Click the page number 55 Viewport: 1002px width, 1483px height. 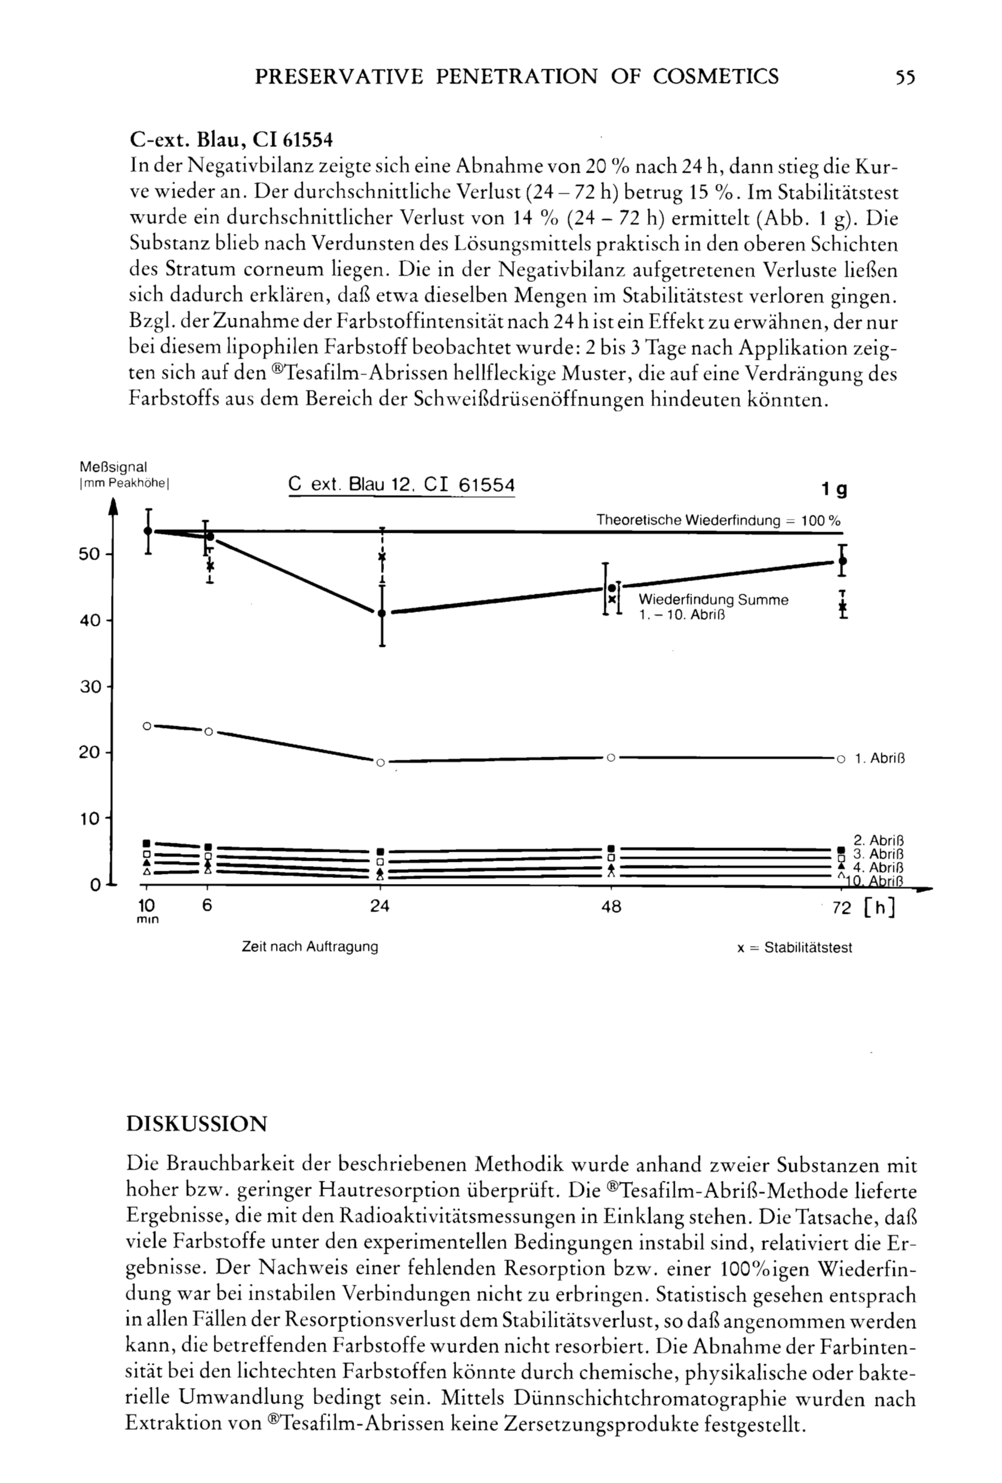point(905,77)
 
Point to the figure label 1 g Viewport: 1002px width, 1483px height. point(834,489)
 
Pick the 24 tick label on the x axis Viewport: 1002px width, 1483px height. point(380,907)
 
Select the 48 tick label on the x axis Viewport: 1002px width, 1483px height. point(611,907)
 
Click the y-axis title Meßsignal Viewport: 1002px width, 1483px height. point(113,467)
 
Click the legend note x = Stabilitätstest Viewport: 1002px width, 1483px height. point(794,948)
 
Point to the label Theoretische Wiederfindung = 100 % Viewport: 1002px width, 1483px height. point(718,521)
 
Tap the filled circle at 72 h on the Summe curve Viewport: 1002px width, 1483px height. point(843,561)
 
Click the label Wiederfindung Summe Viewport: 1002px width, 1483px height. point(713,600)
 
